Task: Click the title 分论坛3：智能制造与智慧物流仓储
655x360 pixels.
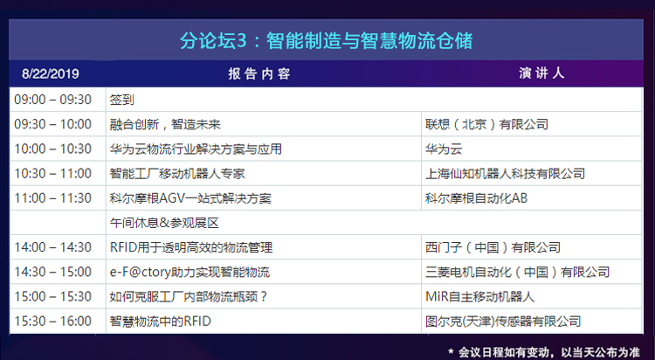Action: (x=327, y=40)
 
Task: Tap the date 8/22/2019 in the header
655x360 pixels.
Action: (x=51, y=74)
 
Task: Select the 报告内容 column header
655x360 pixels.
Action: (x=259, y=74)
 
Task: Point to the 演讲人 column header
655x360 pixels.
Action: (x=541, y=73)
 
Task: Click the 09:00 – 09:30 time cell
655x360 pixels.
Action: (x=52, y=100)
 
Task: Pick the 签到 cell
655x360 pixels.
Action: (x=122, y=100)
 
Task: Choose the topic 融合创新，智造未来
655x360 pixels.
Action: (x=165, y=124)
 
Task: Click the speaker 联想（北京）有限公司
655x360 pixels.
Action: (x=486, y=124)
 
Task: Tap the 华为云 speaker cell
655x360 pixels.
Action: (x=444, y=149)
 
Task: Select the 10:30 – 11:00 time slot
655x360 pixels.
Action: (x=52, y=174)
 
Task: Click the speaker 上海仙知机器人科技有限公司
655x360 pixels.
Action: (x=505, y=174)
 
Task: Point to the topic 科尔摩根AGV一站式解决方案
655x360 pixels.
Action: (x=190, y=198)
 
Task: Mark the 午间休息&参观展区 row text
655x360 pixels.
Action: (x=164, y=223)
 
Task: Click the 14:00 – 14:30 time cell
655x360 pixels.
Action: (x=52, y=247)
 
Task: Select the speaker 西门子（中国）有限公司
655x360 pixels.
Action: (x=493, y=247)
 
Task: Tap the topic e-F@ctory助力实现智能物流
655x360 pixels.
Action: (x=190, y=273)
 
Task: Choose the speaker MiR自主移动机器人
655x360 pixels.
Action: (x=480, y=297)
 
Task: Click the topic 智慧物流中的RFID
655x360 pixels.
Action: (x=161, y=322)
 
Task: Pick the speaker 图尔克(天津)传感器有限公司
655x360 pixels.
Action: (x=503, y=322)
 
